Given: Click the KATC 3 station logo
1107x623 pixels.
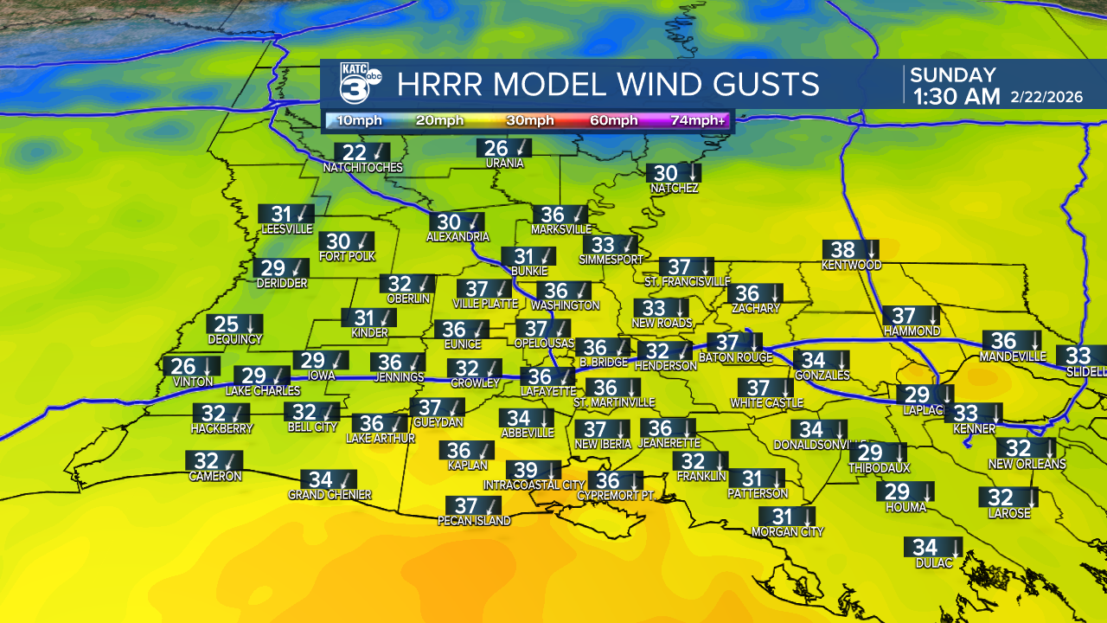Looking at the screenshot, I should pos(359,84).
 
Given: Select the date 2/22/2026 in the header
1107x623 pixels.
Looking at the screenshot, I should pos(1046,97).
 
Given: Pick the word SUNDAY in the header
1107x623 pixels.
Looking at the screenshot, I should pos(953,75).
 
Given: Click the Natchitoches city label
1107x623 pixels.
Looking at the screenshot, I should pos(363,167).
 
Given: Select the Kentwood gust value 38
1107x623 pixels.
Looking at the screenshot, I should pos(842,250).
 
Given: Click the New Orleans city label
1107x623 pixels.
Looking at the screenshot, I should pos(1027,464).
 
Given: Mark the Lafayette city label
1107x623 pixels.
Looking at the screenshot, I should pos(547,391).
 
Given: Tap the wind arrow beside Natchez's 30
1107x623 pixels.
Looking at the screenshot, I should pos(692,173).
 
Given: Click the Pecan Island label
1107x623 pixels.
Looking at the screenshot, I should pos(474,521).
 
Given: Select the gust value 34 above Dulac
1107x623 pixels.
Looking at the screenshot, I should pos(925,548).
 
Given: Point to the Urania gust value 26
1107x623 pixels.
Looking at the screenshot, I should pos(496,149).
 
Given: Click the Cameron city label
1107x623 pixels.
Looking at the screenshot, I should pos(215,476).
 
